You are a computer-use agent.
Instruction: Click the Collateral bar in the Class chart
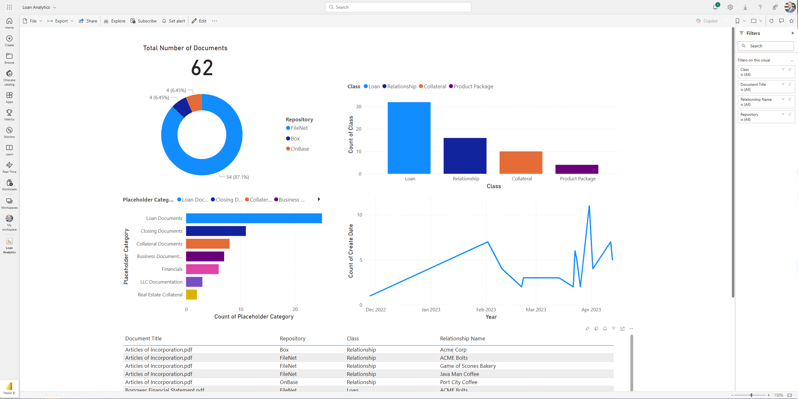click(x=521, y=163)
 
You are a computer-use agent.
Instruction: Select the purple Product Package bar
click(x=576, y=169)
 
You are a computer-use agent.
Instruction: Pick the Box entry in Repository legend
click(x=295, y=139)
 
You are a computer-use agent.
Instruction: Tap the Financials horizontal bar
click(x=202, y=269)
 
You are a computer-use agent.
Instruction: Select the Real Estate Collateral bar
click(x=191, y=294)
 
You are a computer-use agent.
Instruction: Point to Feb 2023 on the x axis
click(x=486, y=309)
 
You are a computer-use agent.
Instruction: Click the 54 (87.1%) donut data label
click(x=237, y=177)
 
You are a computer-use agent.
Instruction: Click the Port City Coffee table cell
click(x=458, y=382)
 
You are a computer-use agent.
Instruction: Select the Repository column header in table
click(x=292, y=338)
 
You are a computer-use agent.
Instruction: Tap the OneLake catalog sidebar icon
click(x=9, y=77)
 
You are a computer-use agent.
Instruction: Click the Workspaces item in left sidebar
click(x=9, y=203)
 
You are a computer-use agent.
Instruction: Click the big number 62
click(x=202, y=68)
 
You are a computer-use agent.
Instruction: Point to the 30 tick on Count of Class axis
click(x=359, y=107)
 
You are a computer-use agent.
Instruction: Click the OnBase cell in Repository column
click(x=289, y=382)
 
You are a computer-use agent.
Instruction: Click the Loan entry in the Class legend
click(x=374, y=86)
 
